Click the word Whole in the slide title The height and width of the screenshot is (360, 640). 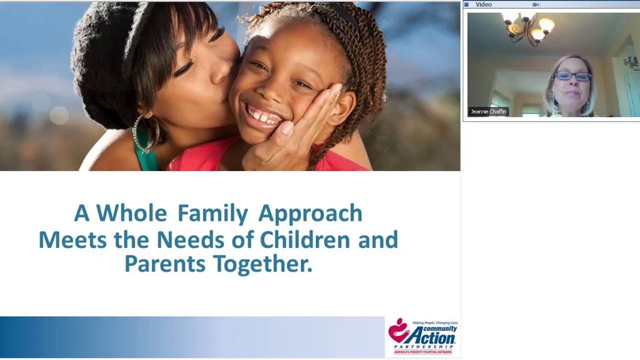click(131, 213)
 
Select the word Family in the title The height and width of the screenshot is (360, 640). click(212, 214)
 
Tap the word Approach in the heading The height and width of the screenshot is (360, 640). click(310, 214)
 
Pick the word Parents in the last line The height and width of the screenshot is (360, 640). click(164, 264)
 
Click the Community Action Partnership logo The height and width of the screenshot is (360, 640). click(423, 337)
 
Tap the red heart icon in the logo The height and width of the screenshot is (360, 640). click(398, 330)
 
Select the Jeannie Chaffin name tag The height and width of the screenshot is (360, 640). click(488, 111)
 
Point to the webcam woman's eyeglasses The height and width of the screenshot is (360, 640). click(572, 76)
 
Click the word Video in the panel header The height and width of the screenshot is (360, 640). click(483, 4)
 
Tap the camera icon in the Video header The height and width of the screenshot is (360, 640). click(535, 4)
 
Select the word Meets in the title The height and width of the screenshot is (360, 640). click(72, 239)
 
